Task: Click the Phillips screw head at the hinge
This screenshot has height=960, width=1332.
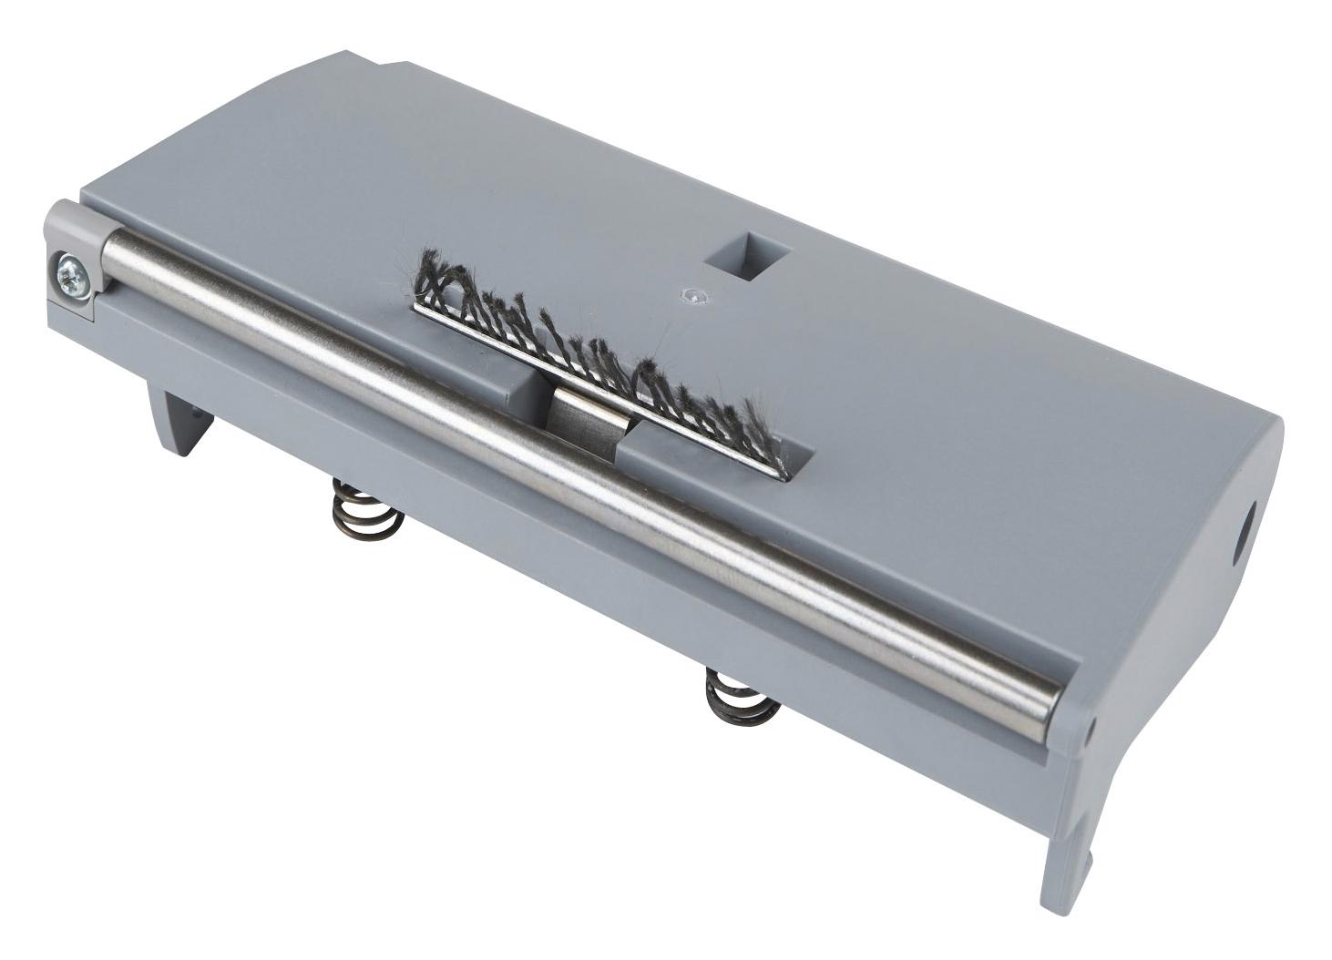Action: (69, 271)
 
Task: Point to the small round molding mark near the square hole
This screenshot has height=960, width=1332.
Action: (694, 295)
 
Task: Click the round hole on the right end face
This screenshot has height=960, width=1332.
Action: (1244, 538)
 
